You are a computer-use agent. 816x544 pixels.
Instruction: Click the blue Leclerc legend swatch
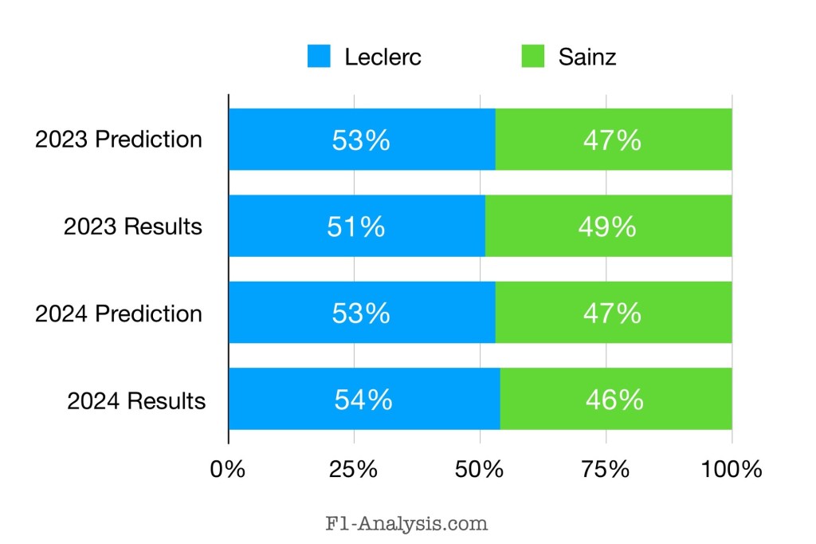[x=319, y=57]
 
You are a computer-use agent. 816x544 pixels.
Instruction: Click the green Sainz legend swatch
[x=533, y=57]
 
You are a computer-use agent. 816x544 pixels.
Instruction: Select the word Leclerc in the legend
[x=382, y=57]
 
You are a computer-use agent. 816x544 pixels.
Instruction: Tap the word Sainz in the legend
[x=586, y=57]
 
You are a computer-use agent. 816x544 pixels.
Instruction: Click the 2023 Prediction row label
[x=119, y=140]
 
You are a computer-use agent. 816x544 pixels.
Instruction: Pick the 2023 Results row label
[x=133, y=227]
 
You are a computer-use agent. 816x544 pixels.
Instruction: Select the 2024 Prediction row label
[x=119, y=313]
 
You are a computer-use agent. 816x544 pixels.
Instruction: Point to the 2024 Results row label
[x=136, y=400]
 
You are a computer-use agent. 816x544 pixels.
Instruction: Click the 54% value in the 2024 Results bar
[x=363, y=400]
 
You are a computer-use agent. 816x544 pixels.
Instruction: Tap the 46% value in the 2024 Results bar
[x=614, y=400]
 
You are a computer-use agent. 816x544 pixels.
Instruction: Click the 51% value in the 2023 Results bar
[x=355, y=227]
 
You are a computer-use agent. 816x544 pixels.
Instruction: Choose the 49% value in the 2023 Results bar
[x=607, y=227]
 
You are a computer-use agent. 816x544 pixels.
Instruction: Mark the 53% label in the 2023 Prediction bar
[x=361, y=140]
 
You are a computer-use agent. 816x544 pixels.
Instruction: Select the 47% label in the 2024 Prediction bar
[x=612, y=313]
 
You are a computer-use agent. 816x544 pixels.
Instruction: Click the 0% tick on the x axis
[x=228, y=469]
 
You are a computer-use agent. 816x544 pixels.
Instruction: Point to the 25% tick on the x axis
[x=354, y=469]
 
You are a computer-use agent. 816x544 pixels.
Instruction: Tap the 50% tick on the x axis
[x=480, y=469]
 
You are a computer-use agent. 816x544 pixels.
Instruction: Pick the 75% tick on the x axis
[x=606, y=469]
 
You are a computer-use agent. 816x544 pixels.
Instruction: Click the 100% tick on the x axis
[x=732, y=469]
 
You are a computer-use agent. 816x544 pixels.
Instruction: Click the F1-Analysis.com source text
[x=406, y=524]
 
